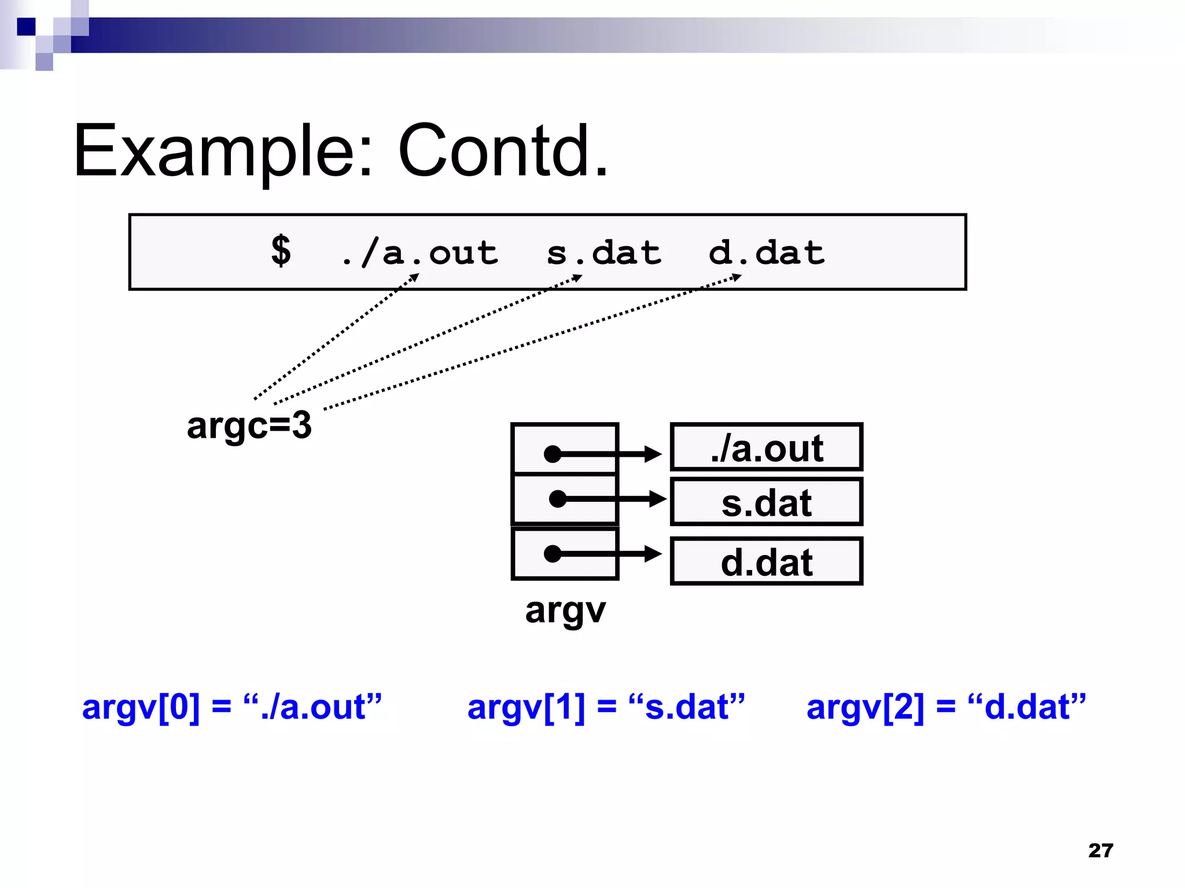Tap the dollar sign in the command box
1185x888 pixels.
281,251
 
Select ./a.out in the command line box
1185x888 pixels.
419,253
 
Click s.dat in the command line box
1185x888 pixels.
603,253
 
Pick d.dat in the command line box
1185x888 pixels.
767,253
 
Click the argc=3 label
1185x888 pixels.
249,425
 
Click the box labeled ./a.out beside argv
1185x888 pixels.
766,447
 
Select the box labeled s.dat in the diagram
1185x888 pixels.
766,502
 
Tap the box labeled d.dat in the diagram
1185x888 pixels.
766,561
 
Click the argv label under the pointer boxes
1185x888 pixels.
565,610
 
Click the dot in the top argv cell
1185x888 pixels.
553,454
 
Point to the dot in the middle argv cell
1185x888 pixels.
557,498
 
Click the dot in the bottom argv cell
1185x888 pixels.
553,554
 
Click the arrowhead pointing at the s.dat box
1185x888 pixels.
658,498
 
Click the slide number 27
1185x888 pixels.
1100,850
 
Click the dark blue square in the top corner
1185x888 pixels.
26,27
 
